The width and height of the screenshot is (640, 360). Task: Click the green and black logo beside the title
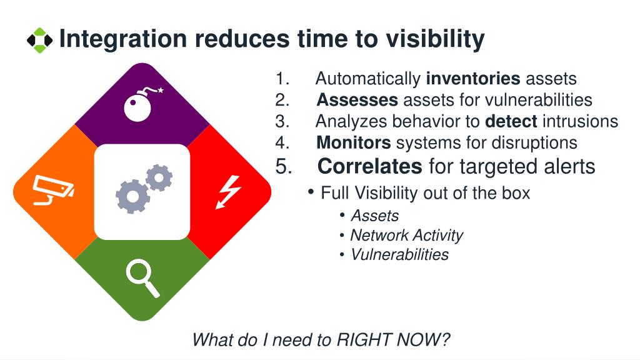pyautogui.click(x=39, y=40)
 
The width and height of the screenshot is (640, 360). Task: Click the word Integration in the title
pyautogui.click(x=123, y=39)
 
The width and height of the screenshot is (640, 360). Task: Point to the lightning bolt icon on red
pyautogui.click(x=228, y=192)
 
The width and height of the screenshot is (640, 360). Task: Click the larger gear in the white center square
pyautogui.click(x=132, y=196)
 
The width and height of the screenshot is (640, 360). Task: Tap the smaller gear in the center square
pyautogui.click(x=159, y=177)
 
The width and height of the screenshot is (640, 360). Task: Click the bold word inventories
pyautogui.click(x=472, y=78)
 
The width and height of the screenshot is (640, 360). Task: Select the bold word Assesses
pyautogui.click(x=357, y=99)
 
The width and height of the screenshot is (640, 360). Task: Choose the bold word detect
pyautogui.click(x=511, y=121)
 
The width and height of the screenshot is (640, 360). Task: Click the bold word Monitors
pyautogui.click(x=354, y=142)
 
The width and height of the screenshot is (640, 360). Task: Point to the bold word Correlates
pyautogui.click(x=370, y=166)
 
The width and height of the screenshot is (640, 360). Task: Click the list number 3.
pyautogui.click(x=282, y=121)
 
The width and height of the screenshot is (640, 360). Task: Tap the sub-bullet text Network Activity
pyautogui.click(x=406, y=235)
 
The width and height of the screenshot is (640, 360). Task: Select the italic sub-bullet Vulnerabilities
pyautogui.click(x=399, y=254)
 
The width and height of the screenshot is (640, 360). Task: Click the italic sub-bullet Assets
pyautogui.click(x=375, y=216)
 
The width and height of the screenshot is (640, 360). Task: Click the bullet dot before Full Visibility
pyautogui.click(x=311, y=191)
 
